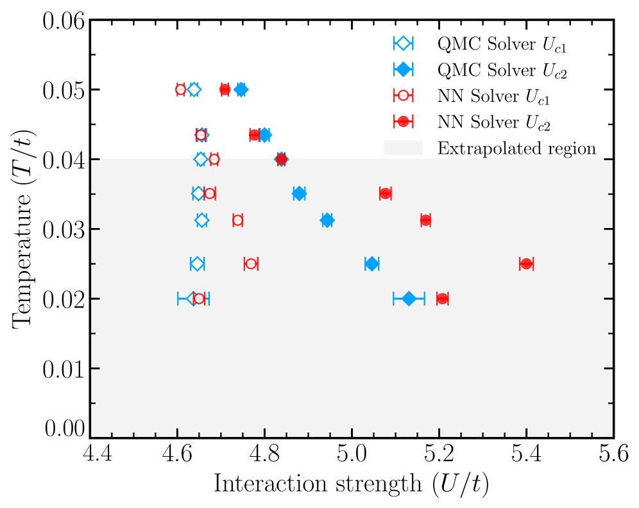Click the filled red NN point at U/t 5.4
point(527,264)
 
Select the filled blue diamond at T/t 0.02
point(409,299)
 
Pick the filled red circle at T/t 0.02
point(442,299)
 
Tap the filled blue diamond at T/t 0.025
point(371,264)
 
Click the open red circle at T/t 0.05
point(180,90)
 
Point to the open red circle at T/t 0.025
point(251,264)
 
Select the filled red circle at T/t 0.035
point(385,193)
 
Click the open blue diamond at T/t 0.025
point(197,264)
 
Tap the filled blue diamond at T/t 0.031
point(327,220)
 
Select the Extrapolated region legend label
point(516,149)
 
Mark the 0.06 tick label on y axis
point(64,20)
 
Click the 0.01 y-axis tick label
point(64,368)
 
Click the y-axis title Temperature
point(24,229)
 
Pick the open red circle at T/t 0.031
point(237,220)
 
